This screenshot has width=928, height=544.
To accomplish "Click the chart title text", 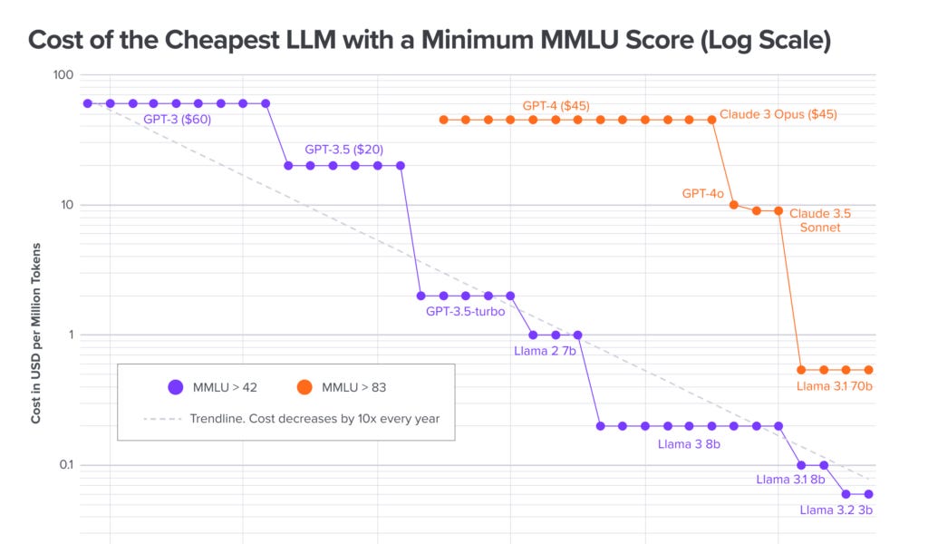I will (430, 41).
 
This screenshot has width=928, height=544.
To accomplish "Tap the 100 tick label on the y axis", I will (63, 75).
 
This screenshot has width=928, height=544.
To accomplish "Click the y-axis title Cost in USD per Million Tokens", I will (36, 333).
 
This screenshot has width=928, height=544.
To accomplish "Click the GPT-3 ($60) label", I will (178, 119).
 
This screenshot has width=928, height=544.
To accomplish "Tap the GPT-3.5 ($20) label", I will (343, 149).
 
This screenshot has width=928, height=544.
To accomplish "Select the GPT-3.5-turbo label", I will (465, 312).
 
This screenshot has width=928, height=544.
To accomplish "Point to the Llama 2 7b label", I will (544, 351).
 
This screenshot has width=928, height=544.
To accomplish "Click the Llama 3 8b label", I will (689, 443).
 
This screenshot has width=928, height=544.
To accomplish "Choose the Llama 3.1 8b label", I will (789, 479).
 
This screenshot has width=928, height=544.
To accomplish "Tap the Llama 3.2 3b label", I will (836, 510).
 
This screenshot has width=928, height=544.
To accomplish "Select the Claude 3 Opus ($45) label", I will (778, 115).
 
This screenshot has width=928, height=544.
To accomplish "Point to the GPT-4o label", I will (702, 194).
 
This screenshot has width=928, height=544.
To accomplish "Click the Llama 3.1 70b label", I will (834, 387).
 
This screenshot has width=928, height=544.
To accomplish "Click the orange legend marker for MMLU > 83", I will (305, 387).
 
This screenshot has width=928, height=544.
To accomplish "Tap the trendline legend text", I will (314, 419).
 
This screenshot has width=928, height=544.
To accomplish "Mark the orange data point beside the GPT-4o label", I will (734, 205).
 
